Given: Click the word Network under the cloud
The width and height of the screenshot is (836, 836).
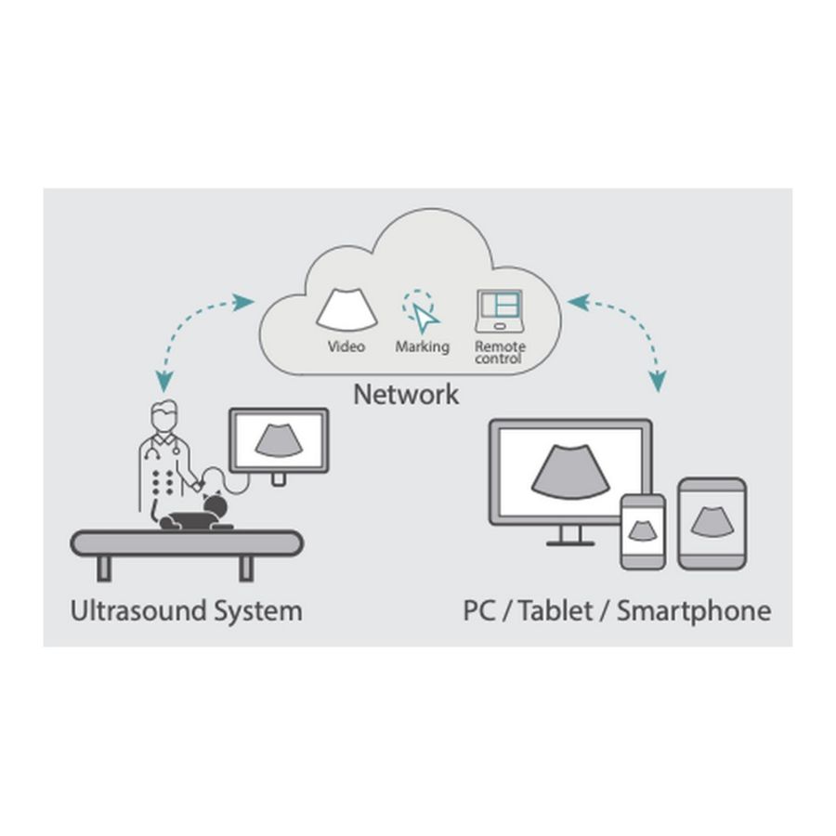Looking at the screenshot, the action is (x=406, y=395).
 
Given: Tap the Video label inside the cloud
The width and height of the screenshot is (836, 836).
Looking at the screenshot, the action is (x=346, y=346).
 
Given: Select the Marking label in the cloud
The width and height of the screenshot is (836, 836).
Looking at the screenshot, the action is (x=423, y=347).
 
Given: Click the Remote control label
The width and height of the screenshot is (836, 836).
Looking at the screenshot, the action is (x=500, y=352).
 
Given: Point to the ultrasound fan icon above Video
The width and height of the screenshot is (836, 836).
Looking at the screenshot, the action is (x=346, y=310).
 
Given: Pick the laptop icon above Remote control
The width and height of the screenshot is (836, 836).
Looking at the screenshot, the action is (x=500, y=311).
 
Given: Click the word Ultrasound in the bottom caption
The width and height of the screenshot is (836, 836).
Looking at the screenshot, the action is (x=138, y=611).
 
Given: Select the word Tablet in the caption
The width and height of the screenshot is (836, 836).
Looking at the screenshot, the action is (x=555, y=611).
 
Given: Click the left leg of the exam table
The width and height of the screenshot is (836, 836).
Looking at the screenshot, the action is (x=104, y=568).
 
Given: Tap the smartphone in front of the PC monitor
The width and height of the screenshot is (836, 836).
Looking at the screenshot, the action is (x=643, y=531).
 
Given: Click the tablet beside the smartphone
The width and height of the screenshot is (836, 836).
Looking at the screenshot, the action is (x=712, y=524).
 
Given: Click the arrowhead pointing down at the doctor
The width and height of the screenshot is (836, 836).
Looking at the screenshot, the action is (x=164, y=382).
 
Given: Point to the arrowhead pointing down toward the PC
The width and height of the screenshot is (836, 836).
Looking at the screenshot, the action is (x=659, y=381).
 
